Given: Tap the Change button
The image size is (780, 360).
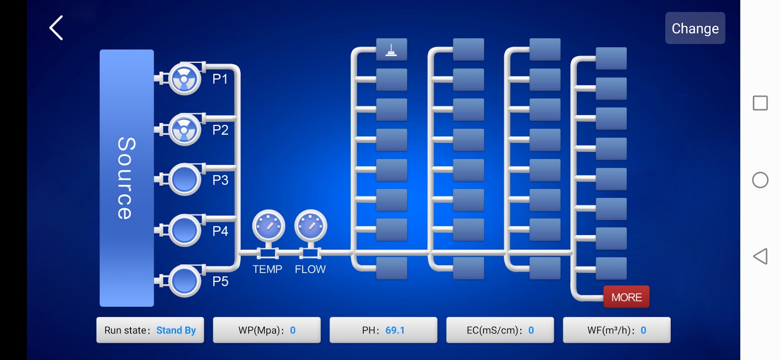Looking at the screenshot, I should tap(695, 28).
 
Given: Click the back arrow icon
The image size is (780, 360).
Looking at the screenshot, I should tap(56, 28).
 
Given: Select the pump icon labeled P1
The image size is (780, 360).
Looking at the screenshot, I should tap(185, 79).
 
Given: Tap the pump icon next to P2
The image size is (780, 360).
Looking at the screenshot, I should tap(185, 130).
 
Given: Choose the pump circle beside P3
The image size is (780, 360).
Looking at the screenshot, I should tap(185, 180).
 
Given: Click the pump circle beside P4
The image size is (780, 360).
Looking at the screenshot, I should tap(185, 231).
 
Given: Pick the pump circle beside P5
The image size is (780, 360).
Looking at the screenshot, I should tap(185, 281).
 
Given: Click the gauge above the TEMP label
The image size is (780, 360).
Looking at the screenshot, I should tap(268, 226).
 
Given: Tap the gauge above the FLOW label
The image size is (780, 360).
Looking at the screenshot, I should tap(311, 226).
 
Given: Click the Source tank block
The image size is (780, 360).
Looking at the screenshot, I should tap(126, 178).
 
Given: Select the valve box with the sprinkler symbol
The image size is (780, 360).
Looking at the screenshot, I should tap(392, 49).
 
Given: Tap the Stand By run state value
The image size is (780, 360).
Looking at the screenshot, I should tap(176, 330).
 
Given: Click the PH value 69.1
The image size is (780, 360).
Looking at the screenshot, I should tap(395, 330).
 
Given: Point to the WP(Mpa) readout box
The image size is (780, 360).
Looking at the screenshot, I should tap(266, 330).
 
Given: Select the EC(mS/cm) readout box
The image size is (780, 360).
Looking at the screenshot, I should tap(500, 330).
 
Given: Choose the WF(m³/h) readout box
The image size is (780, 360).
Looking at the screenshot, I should tap(616, 330).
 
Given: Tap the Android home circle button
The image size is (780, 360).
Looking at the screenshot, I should tap(760, 180).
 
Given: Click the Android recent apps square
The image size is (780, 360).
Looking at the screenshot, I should tap(760, 103).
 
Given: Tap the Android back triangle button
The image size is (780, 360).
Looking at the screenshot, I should tap(760, 256).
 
